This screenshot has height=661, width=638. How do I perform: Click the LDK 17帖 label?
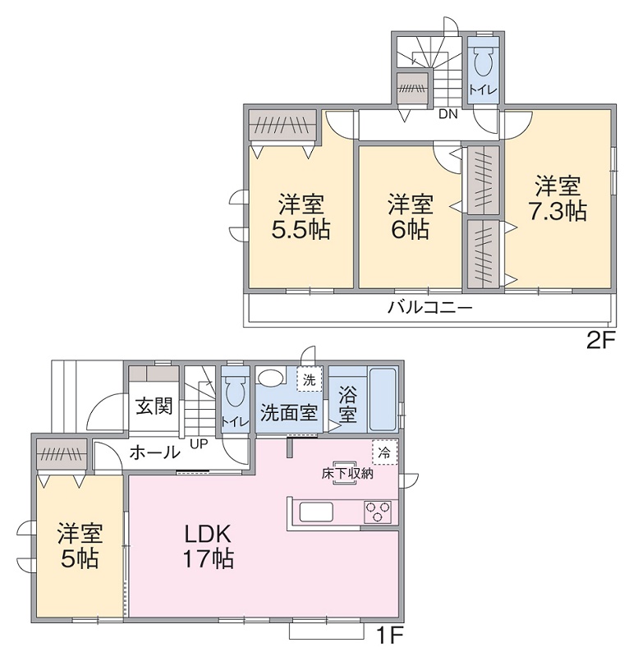tap(209, 547)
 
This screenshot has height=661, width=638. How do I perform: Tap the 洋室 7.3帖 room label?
tap(557, 198)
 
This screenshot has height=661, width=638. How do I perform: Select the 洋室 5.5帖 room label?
tap(301, 216)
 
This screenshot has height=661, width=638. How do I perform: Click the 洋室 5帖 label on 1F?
tap(80, 547)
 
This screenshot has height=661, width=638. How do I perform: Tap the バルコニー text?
tap(429, 309)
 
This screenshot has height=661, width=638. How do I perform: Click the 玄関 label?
tap(154, 406)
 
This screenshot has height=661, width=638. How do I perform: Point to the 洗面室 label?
tap(288, 412)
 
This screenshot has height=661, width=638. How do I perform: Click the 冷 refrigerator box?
tap(383, 450)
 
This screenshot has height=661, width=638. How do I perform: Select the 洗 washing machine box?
tap(309, 380)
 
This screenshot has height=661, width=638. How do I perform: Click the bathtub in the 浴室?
tap(382, 397)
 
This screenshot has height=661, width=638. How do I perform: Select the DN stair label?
tap(447, 114)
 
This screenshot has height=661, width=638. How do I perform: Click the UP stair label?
tap(198, 444)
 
